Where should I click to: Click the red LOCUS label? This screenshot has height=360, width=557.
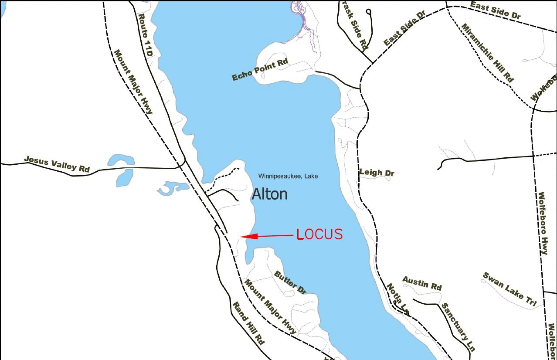pyautogui.click(x=320, y=234)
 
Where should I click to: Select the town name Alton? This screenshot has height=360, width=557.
pyautogui.click(x=270, y=194)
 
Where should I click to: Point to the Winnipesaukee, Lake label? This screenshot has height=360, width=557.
pyautogui.click(x=288, y=176)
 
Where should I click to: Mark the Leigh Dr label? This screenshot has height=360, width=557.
pyautogui.click(x=377, y=173)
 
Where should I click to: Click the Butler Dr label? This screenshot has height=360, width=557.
pyautogui.click(x=291, y=282)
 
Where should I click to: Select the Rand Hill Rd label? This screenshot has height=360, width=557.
pyautogui.click(x=248, y=323)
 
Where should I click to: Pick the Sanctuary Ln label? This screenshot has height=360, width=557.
pyautogui.click(x=458, y=327)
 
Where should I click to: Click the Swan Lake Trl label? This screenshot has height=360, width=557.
pyautogui.click(x=509, y=290)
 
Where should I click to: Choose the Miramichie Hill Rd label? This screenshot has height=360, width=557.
pyautogui.click(x=487, y=53)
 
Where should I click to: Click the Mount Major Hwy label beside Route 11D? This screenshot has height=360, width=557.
pyautogui.click(x=133, y=82)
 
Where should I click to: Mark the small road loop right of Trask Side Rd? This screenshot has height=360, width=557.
pyautogui.click(x=369, y=12)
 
